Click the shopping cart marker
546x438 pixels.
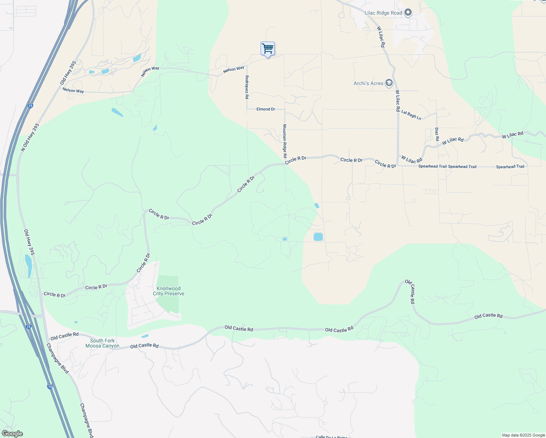click(268, 49)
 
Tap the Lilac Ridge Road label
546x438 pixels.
click(383, 13)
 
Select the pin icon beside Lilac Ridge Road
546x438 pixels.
click(408, 13)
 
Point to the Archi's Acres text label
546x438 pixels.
click(368, 84)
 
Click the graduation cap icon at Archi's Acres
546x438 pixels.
click(389, 83)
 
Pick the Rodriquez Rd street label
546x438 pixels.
click(247, 87)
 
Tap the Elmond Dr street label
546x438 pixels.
click(266, 109)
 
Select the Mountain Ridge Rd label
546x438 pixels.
click(285, 141)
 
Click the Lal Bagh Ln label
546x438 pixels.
click(411, 115)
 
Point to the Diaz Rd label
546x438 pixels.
click(437, 134)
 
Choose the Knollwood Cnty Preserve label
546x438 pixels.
click(168, 291)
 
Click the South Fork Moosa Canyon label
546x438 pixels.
click(102, 343)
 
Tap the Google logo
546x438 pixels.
click(12, 434)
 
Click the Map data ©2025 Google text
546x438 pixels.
click(523, 435)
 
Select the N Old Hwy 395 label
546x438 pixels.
click(30, 137)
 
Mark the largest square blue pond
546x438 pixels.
click(318, 237)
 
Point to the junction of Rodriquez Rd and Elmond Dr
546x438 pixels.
click(247, 109)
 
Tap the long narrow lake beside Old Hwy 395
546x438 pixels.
click(28, 266)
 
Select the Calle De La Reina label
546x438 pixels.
click(331, 437)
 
